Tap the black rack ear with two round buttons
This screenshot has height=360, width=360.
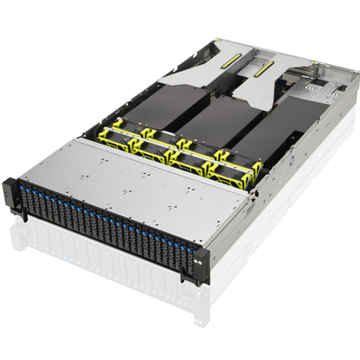click(201, 263)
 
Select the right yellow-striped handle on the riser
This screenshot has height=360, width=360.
click(260, 76)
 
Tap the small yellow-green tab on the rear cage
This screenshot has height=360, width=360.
click(314, 65)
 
